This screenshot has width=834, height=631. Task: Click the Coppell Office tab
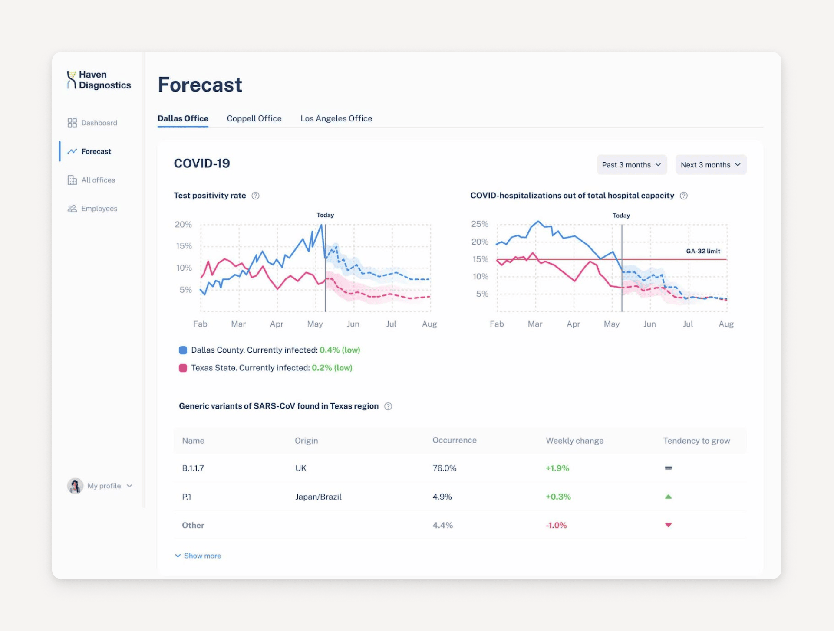coord(254,118)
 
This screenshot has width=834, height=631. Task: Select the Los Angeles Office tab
coord(336,118)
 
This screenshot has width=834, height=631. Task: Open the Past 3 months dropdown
coord(631,165)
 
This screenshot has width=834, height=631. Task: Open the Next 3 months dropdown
coord(710,165)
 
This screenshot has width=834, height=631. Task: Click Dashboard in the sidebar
coord(99,123)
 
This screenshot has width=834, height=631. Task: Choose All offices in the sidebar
coord(98,180)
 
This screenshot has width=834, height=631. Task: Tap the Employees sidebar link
coord(99,209)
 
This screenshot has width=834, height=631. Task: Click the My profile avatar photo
coord(75,486)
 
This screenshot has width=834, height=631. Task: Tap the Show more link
coord(202,556)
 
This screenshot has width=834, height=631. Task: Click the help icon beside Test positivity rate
coord(256,196)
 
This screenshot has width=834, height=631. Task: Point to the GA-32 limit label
coord(703,251)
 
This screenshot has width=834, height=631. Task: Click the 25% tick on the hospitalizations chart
coord(480,224)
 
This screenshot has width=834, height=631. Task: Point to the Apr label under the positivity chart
coord(277,324)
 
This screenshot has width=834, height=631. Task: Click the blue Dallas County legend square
coord(183,350)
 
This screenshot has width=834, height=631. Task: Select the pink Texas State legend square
coord(183,368)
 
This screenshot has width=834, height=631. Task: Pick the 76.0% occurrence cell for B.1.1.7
coord(444,468)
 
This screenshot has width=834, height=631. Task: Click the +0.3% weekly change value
coord(558,497)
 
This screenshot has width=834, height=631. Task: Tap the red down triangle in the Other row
coord(668,525)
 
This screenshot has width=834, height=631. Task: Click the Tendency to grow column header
coord(696,441)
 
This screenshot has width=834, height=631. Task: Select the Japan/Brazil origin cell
coord(318,497)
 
